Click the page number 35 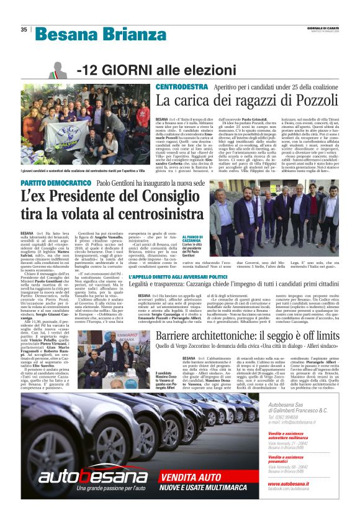pos(24,29)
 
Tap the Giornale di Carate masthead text pos(322,27)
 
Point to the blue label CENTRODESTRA pos(182,87)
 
